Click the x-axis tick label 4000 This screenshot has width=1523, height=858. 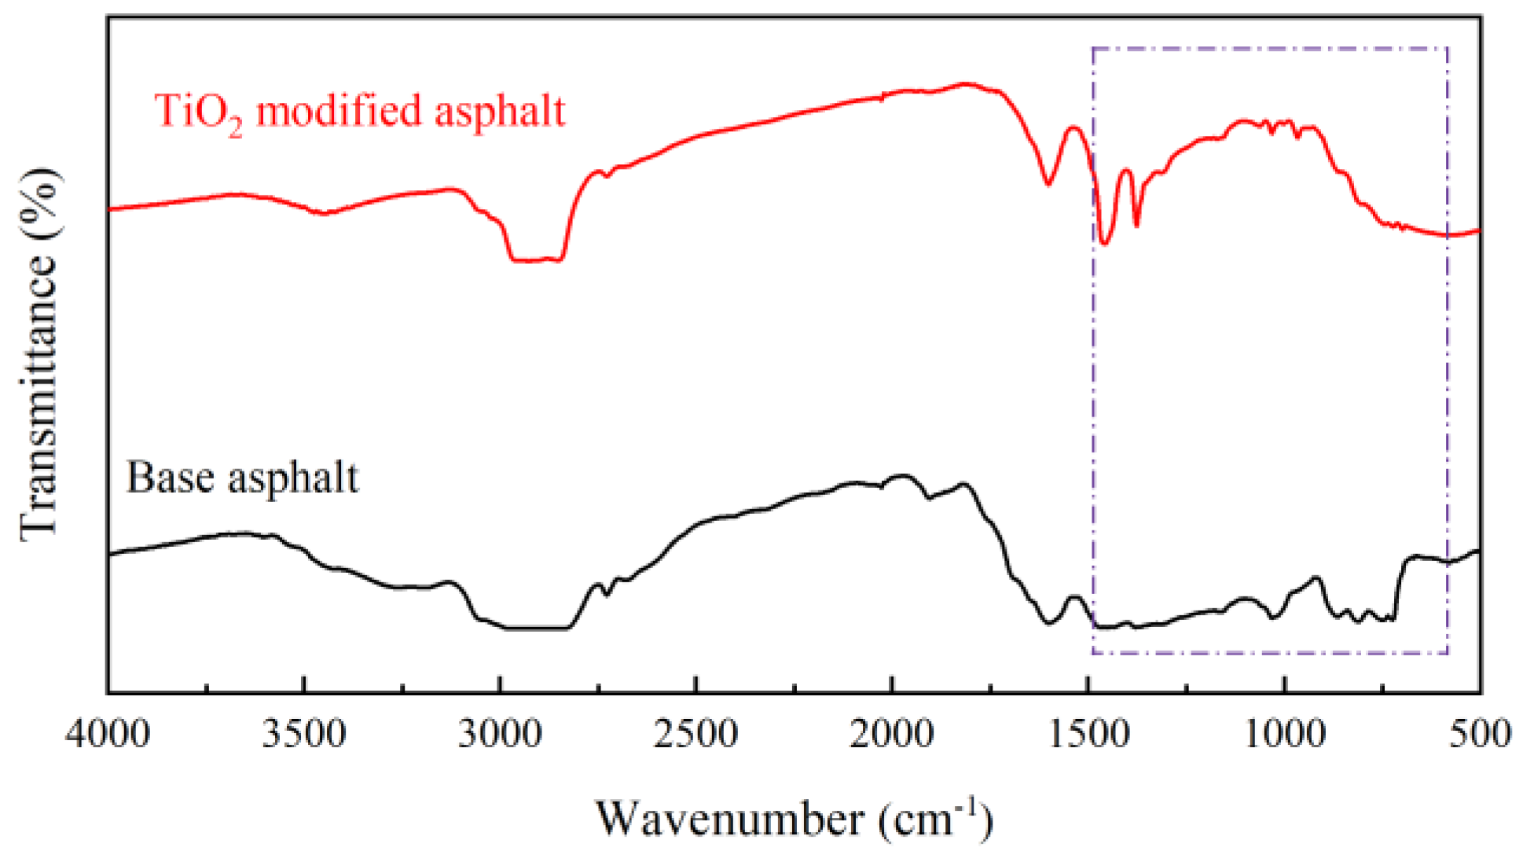(x=108, y=735)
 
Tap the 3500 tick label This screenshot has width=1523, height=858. (x=303, y=735)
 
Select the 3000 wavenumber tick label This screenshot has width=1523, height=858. (x=500, y=735)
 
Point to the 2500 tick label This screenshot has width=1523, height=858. (x=695, y=735)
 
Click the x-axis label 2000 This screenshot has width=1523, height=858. (x=891, y=735)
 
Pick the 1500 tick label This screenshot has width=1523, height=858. (x=1088, y=735)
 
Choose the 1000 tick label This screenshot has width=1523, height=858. (x=1284, y=735)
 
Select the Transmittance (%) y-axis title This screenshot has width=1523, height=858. (x=39, y=354)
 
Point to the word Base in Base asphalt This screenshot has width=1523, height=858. (x=171, y=477)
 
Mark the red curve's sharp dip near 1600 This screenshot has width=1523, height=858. (x=1048, y=184)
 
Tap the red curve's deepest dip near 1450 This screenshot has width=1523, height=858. (x=1106, y=243)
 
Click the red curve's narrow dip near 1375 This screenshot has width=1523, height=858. (x=1136, y=225)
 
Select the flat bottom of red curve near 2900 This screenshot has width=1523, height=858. (x=537, y=260)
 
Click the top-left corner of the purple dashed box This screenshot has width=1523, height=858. (x=1093, y=49)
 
